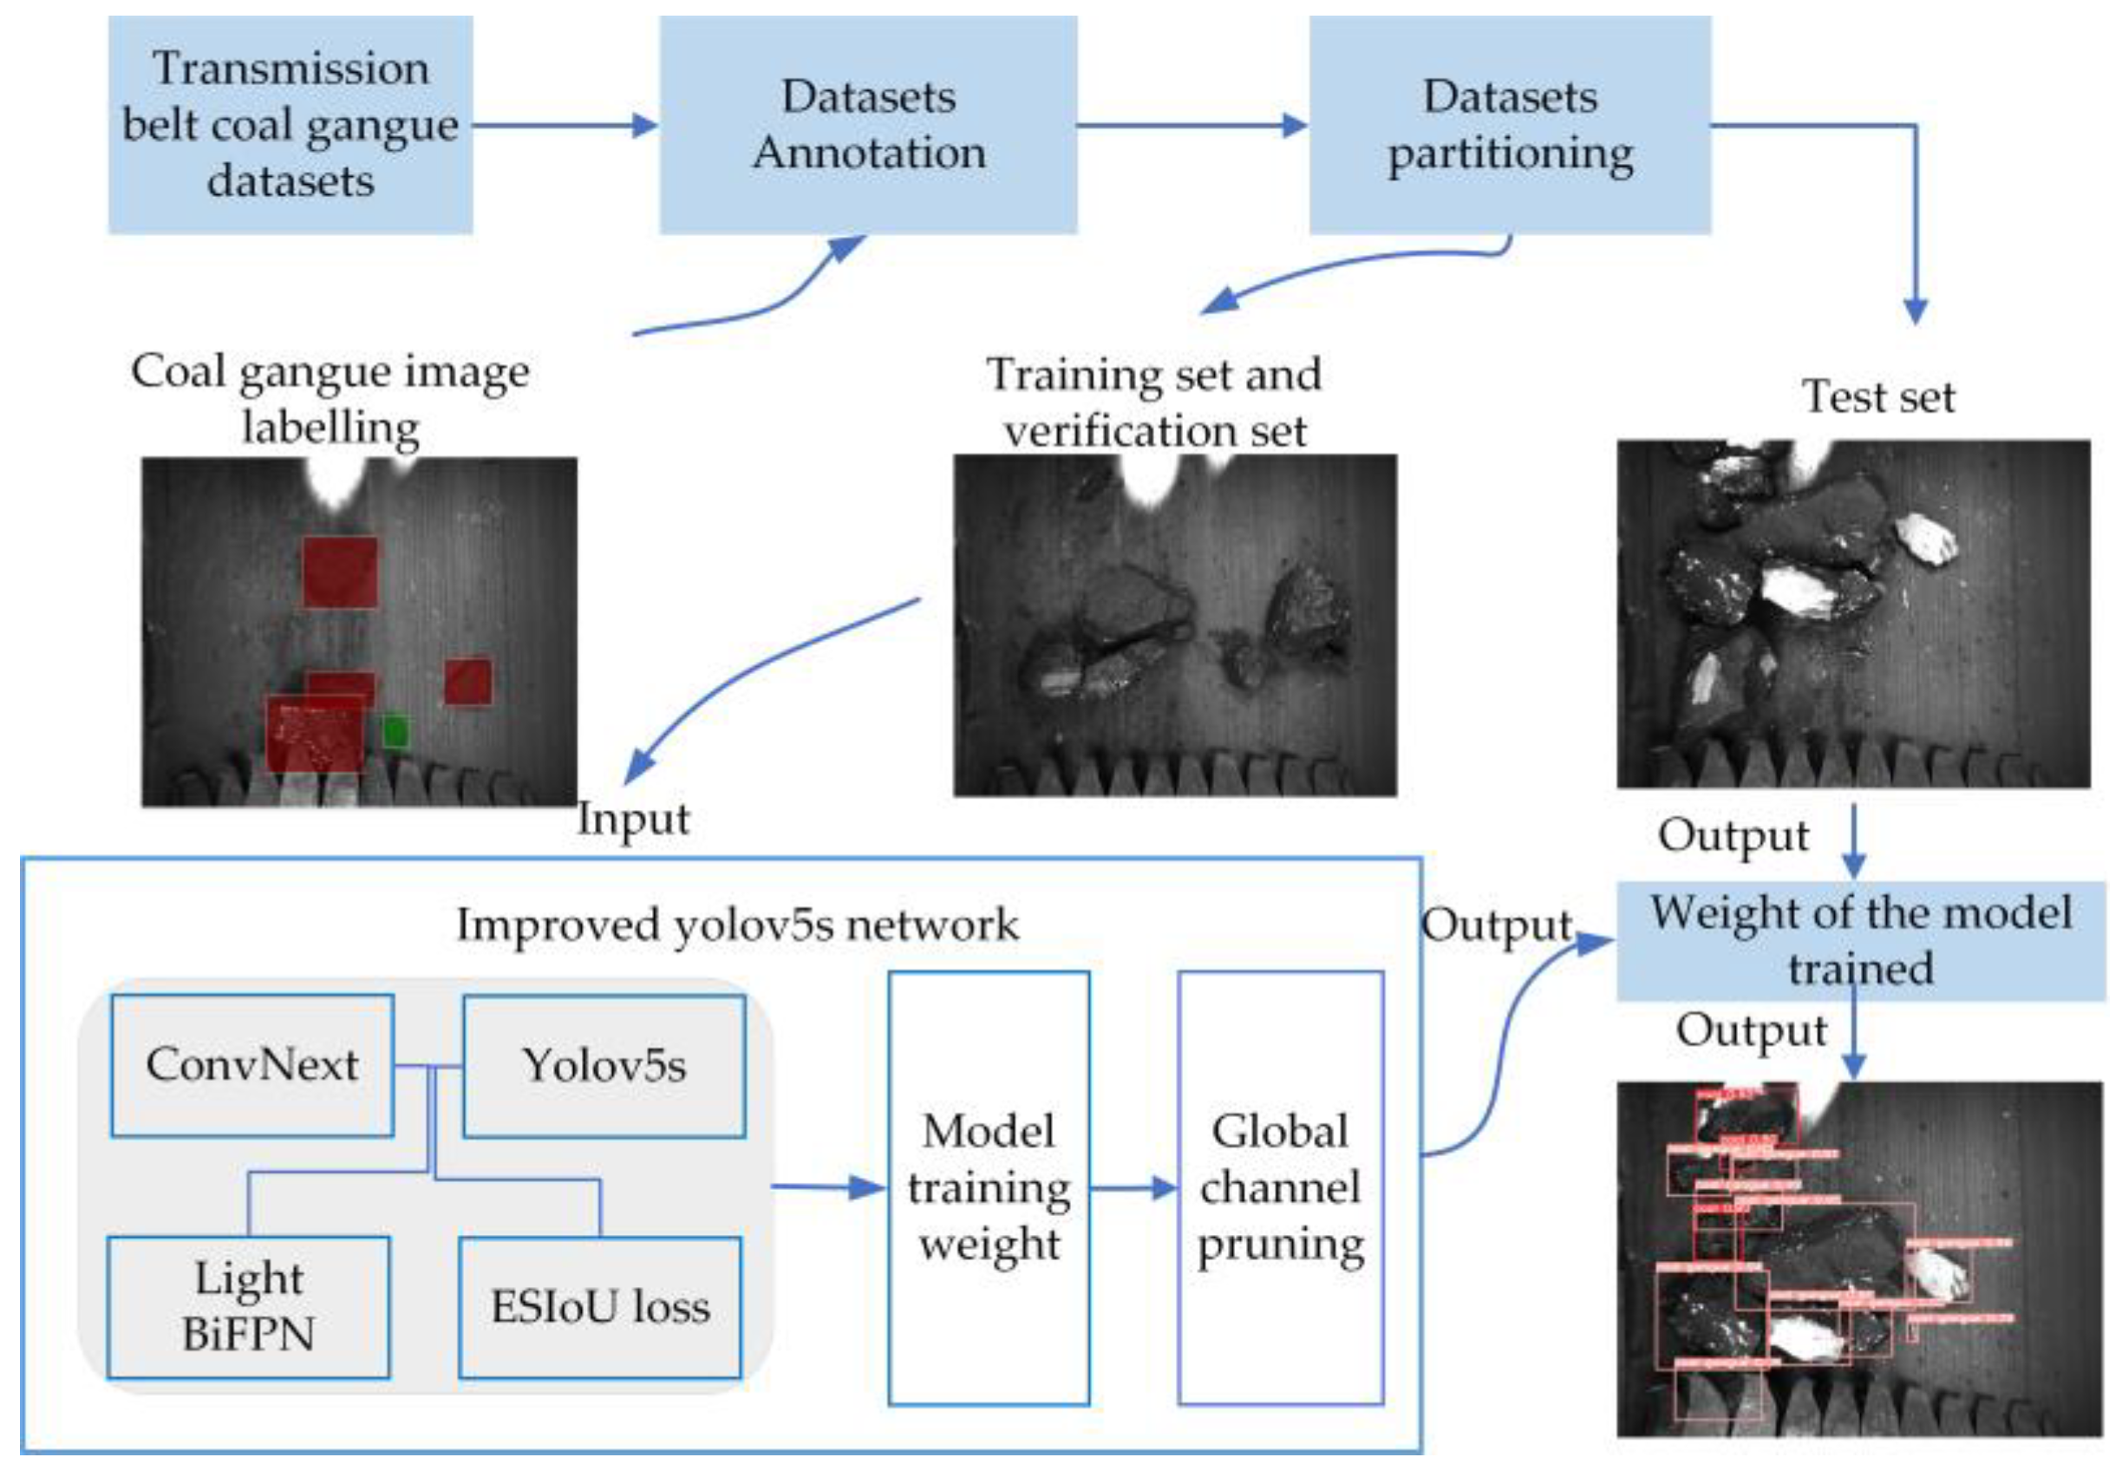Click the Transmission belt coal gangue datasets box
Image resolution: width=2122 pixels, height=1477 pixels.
click(x=291, y=125)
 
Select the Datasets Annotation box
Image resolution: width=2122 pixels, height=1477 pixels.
click(x=868, y=125)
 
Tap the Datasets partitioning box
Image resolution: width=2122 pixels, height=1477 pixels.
click(x=1509, y=125)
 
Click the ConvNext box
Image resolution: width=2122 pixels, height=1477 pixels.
click(x=252, y=1065)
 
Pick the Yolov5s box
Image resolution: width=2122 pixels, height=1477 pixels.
click(x=604, y=1066)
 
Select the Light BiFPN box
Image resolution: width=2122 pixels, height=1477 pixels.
click(x=248, y=1307)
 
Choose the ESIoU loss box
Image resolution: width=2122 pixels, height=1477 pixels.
click(x=600, y=1307)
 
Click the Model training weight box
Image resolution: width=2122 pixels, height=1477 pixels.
click(x=988, y=1187)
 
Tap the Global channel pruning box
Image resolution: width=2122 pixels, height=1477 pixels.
click(x=1280, y=1187)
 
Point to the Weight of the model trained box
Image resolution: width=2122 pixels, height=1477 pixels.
click(x=1859, y=941)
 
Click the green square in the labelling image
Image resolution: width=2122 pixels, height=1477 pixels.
click(x=395, y=731)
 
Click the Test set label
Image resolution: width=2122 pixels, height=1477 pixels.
click(x=1878, y=396)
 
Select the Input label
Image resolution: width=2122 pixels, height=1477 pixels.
click(x=633, y=819)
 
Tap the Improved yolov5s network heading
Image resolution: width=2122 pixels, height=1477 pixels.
click(x=737, y=925)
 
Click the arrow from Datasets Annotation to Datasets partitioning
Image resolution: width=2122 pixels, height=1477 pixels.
click(x=1192, y=125)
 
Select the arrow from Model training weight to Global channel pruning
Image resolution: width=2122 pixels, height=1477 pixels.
click(x=1133, y=1187)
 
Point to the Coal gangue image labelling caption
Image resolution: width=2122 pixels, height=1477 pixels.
click(x=330, y=398)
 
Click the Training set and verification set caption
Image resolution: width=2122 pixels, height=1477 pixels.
click(x=1154, y=402)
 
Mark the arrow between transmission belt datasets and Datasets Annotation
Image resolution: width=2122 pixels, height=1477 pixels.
click(x=565, y=125)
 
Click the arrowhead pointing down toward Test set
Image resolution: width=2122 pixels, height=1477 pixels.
click(x=1915, y=311)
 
